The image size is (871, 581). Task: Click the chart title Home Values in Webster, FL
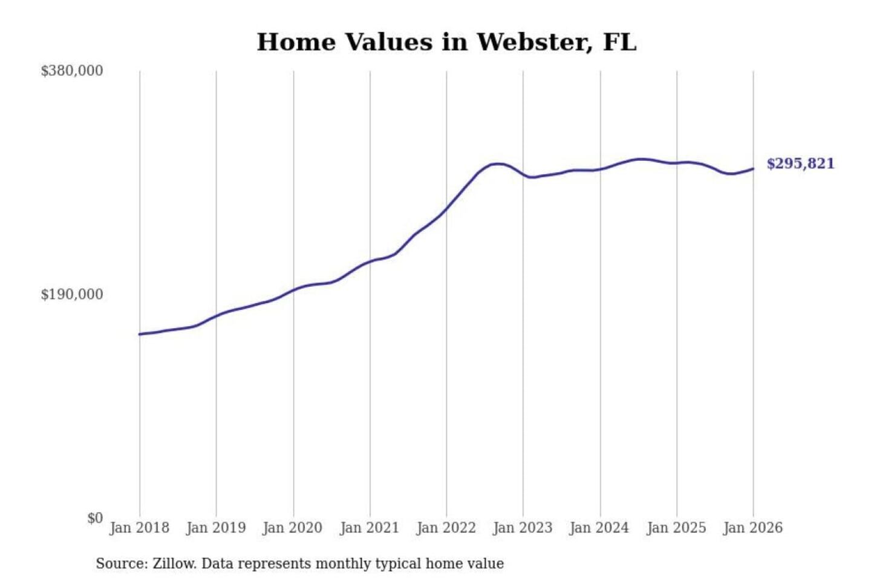(x=446, y=42)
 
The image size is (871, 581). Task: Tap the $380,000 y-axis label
(x=72, y=71)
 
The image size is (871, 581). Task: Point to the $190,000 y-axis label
(x=72, y=295)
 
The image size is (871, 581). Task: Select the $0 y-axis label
(x=95, y=518)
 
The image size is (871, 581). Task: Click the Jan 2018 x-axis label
(x=140, y=528)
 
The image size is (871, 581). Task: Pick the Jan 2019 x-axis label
(x=216, y=528)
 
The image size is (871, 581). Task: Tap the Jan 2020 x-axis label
(x=293, y=528)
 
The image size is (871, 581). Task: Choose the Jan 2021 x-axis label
(x=370, y=528)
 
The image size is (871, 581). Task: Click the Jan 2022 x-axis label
(x=446, y=528)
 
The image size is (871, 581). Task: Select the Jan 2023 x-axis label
(x=523, y=528)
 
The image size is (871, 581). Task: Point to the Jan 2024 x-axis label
(x=599, y=528)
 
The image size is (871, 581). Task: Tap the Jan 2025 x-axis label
(x=676, y=528)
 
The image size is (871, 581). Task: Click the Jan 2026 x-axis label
(x=753, y=528)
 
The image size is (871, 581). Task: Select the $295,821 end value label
(x=800, y=164)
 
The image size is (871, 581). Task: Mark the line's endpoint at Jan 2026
(x=753, y=169)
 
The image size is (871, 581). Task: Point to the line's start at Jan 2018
(x=140, y=334)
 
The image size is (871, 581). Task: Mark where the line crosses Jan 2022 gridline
(x=446, y=209)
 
